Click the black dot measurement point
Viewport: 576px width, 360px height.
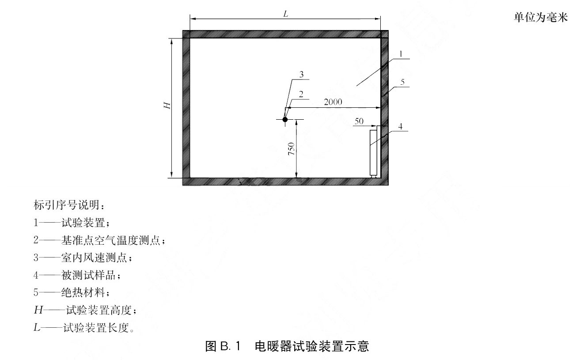[x=285, y=120]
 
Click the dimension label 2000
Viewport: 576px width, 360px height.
[x=333, y=102]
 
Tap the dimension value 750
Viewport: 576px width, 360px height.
[x=292, y=148]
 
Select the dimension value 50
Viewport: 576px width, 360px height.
[x=359, y=121]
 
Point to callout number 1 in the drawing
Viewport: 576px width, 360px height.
[x=401, y=54]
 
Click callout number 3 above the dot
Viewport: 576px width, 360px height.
[x=301, y=74]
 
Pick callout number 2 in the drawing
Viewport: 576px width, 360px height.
[x=301, y=94]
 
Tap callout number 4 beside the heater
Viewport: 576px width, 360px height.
[x=400, y=126]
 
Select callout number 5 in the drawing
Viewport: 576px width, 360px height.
[x=402, y=82]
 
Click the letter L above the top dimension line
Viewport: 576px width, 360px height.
[x=286, y=14]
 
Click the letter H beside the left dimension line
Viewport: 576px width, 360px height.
[x=167, y=106]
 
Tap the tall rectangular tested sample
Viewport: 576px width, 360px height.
[x=373, y=153]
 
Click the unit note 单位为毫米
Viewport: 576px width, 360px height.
[x=541, y=17]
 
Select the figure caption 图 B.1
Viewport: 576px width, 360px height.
[x=223, y=346]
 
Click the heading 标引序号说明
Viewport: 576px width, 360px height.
[x=68, y=205]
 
